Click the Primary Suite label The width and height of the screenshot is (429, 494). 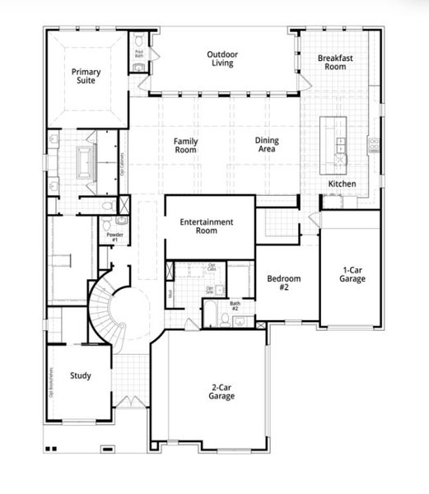pos(86,77)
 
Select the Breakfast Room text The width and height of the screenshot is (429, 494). pos(335,62)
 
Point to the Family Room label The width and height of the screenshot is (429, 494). pos(185,146)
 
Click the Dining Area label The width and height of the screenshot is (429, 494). pos(266,146)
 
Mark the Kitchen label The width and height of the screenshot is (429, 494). pos(343,183)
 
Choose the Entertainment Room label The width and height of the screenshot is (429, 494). pos(207,226)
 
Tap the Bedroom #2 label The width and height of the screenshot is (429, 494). pos(284,283)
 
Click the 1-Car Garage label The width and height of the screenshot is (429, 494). pos(352,274)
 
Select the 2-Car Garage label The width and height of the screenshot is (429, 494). pos(221,391)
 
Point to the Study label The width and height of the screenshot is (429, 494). pos(81,375)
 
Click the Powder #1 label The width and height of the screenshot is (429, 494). pos(113,236)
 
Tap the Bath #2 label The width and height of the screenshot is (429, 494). pos(235,307)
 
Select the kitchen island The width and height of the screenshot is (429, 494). pos(338,140)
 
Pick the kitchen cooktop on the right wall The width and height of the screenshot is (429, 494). pos(374,147)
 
